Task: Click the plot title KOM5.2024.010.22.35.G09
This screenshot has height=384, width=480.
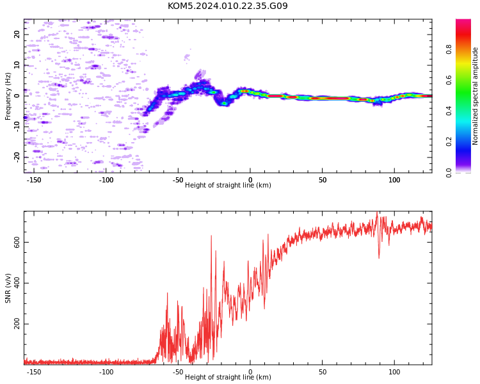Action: tap(228, 6)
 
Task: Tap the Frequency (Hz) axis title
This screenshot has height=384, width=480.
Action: tap(8, 96)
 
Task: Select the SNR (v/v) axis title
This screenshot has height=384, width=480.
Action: tap(8, 288)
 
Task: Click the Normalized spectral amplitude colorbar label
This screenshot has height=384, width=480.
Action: tap(475, 96)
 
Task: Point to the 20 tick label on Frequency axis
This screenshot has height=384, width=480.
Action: tap(17, 35)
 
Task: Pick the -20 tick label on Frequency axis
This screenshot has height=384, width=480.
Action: tap(17, 157)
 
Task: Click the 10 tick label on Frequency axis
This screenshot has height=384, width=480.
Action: tap(17, 65)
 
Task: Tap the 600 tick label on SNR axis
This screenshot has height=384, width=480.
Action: tap(17, 242)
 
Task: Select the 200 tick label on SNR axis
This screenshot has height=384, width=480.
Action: tap(17, 324)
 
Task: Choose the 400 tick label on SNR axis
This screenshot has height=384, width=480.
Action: tap(17, 283)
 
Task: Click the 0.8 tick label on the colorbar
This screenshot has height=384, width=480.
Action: tap(449, 50)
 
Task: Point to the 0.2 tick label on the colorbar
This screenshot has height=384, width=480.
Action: tap(449, 142)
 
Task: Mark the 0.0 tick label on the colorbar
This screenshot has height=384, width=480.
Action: tap(449, 173)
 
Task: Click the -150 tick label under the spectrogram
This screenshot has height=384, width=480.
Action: tap(33, 180)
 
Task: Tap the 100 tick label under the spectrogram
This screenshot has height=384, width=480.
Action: tap(394, 180)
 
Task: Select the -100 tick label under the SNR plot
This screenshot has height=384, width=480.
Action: tap(106, 372)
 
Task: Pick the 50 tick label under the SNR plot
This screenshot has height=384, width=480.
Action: tap(323, 372)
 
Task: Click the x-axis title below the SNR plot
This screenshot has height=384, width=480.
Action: tap(228, 377)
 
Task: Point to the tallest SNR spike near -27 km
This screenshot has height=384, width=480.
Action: tap(211, 236)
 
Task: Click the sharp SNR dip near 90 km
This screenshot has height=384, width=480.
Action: tap(379, 258)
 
